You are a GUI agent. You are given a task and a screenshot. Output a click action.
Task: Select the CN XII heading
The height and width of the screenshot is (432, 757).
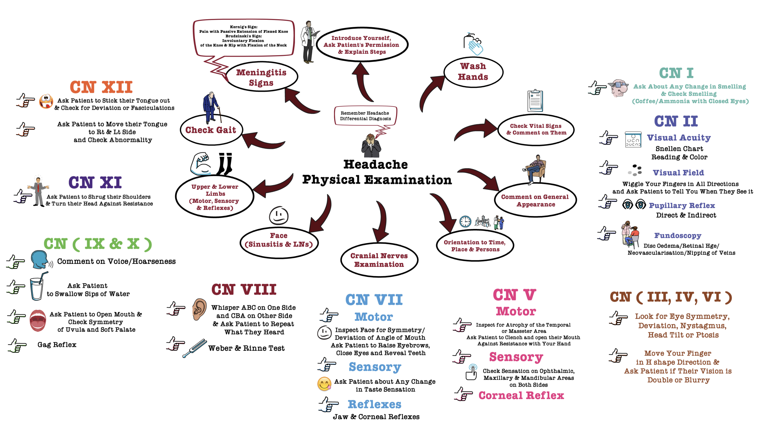point(101,87)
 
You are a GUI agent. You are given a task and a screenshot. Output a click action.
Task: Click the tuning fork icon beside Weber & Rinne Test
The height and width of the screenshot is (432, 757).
point(194,348)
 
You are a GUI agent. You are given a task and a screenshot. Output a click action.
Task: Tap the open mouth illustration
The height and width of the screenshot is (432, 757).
point(38,320)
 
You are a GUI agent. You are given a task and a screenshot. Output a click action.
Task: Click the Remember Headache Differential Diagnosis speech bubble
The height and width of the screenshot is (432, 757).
point(365,116)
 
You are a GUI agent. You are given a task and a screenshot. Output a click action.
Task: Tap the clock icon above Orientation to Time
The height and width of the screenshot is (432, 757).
point(465,221)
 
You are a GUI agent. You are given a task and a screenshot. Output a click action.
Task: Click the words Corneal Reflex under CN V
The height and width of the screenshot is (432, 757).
point(521,395)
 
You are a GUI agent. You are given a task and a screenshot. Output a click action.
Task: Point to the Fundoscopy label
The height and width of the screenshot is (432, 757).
point(677,235)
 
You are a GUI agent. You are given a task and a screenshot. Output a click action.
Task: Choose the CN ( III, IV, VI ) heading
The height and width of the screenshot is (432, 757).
point(670,297)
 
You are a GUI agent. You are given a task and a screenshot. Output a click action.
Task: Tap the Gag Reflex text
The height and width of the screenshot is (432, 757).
point(57,344)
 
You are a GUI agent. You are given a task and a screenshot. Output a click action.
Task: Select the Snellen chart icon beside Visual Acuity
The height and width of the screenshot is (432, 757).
point(632,140)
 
